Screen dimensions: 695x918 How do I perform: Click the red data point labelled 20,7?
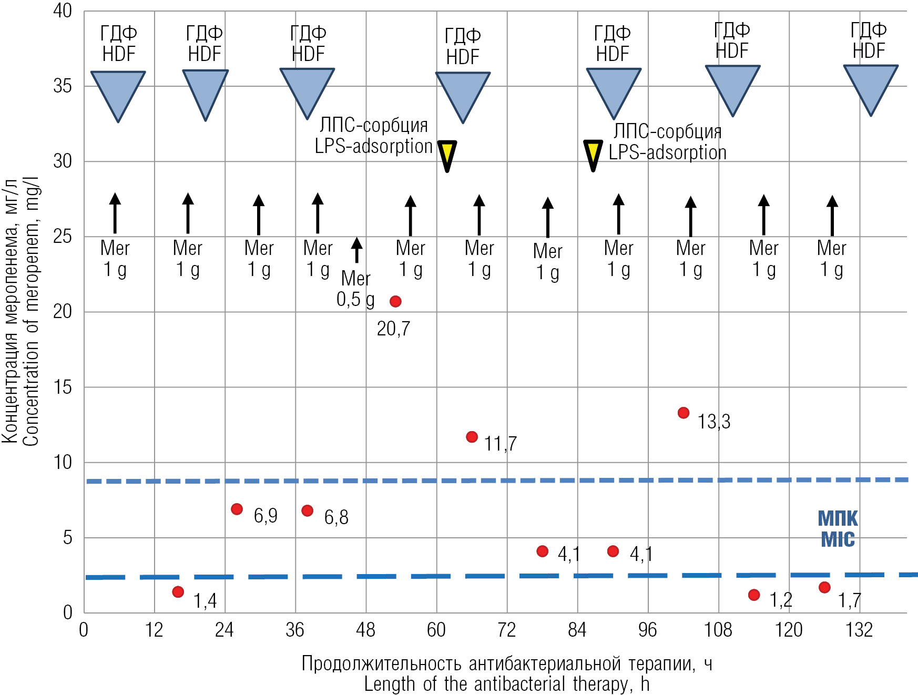coord(395,301)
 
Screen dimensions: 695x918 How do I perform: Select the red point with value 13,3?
coord(684,413)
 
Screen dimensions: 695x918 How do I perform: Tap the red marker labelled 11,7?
coord(472,437)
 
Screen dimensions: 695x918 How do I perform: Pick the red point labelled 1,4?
coord(178,592)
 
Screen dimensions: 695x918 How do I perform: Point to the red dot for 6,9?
coord(237,509)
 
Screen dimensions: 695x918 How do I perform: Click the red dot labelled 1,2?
coord(754,595)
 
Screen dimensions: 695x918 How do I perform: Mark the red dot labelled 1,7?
coord(824,587)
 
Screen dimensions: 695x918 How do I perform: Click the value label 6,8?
coord(336,517)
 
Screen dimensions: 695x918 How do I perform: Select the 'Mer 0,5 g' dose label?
coord(356,289)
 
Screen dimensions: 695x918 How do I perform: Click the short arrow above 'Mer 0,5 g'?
coord(357,250)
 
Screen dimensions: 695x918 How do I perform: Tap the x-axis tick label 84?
coord(577,629)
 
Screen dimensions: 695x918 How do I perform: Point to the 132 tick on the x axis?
coord(859,629)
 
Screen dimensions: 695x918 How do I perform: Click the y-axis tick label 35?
coord(63,86)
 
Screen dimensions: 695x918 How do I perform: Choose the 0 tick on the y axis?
coord(68,612)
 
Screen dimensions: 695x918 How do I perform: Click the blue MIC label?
coord(838,529)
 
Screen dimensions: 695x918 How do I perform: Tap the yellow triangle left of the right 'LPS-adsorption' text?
coord(593,154)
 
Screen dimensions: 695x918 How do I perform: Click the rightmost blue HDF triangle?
coord(871,87)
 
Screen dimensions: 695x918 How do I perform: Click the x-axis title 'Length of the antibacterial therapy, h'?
coord(507,684)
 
